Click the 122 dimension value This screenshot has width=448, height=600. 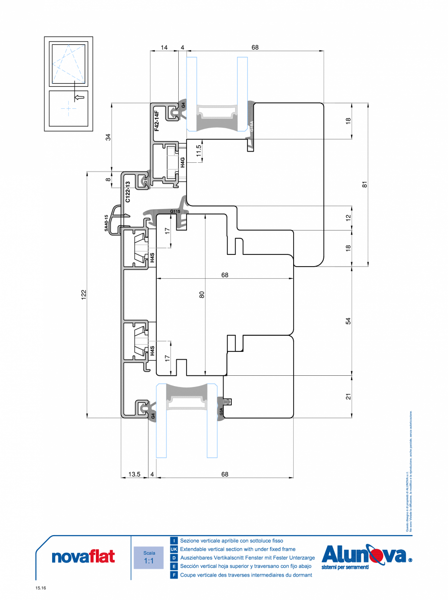[x=83, y=294]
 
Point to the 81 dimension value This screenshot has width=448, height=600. [x=365, y=184]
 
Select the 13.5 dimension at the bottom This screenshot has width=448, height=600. [x=134, y=474]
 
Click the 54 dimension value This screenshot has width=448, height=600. [x=348, y=321]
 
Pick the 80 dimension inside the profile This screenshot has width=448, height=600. [x=202, y=294]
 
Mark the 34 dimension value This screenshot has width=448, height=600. [x=108, y=137]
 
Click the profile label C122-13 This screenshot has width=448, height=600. [x=128, y=192]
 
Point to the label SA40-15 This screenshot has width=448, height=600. [x=107, y=222]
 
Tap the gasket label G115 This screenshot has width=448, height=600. [x=175, y=212]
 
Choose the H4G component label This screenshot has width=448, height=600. [x=183, y=162]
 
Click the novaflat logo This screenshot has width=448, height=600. [x=83, y=556]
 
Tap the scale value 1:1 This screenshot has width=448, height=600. [x=149, y=561]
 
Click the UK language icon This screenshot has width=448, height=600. [x=173, y=549]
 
